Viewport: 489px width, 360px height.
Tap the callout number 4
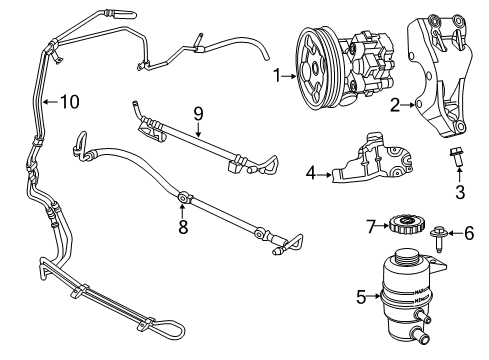[x=309, y=174]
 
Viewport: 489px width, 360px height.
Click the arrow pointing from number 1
[x=289, y=74]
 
